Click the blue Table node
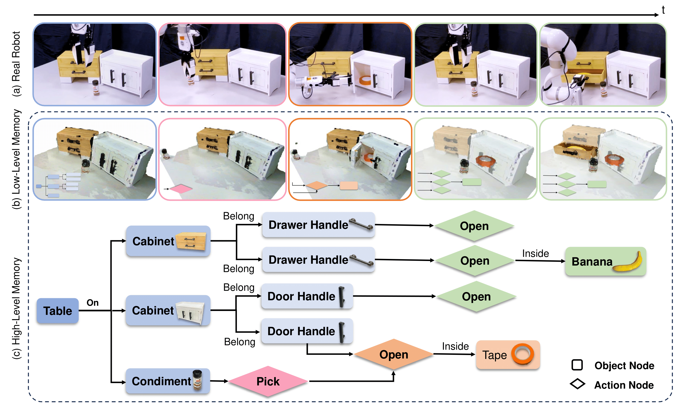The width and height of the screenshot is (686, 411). click(x=57, y=311)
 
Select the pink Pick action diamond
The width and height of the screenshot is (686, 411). click(x=268, y=381)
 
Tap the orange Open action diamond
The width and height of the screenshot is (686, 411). click(x=394, y=354)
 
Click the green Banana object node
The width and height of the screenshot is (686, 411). click(x=606, y=261)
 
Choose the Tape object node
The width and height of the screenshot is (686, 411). click(x=508, y=355)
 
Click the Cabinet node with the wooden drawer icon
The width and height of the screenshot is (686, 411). click(x=168, y=241)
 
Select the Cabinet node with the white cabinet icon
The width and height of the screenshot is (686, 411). click(x=168, y=310)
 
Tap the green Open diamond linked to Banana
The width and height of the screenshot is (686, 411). click(x=475, y=261)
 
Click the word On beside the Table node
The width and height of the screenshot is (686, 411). click(x=93, y=303)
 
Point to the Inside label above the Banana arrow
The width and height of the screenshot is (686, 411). click(x=536, y=253)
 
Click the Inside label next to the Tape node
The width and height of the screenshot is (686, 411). click(x=455, y=346)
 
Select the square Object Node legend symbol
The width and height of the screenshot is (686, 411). click(x=577, y=365)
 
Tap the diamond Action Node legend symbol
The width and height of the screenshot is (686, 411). click(x=577, y=384)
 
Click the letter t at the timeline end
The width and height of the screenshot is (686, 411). click(x=663, y=10)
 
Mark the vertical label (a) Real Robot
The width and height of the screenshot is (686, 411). click(x=16, y=64)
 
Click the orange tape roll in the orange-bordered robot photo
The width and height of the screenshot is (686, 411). click(x=365, y=81)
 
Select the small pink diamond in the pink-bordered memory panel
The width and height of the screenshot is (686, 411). click(x=181, y=189)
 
